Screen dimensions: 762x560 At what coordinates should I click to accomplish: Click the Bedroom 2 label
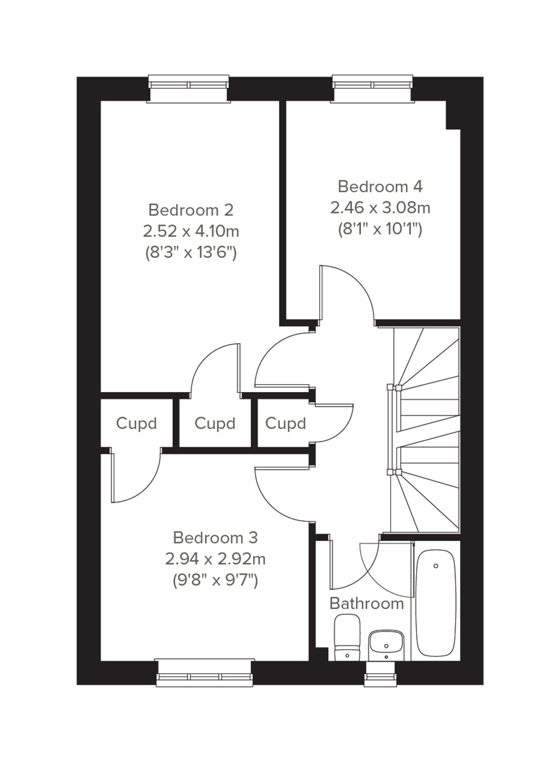click(190, 210)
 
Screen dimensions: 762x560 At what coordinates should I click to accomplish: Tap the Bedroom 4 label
click(380, 187)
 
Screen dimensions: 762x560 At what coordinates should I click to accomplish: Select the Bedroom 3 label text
click(215, 538)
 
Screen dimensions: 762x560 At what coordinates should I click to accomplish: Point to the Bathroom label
click(366, 604)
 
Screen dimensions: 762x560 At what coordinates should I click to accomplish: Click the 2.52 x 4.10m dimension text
click(191, 231)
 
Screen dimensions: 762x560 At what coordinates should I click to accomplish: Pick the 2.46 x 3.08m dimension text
click(380, 207)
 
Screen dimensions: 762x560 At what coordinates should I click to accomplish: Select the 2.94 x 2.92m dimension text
click(215, 559)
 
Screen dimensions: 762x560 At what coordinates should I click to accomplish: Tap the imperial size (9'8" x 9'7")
click(215, 580)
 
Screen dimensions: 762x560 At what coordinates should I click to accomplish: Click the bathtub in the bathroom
click(435, 603)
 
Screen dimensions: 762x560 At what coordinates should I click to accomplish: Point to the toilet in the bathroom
click(347, 638)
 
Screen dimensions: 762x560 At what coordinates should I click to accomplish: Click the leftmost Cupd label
click(136, 424)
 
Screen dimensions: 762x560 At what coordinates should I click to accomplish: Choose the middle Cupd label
click(215, 424)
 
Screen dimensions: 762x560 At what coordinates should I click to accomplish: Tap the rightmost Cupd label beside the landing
click(285, 424)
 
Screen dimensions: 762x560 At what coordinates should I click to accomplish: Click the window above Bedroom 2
click(189, 85)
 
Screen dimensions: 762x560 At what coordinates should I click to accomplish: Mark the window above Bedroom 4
click(372, 85)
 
